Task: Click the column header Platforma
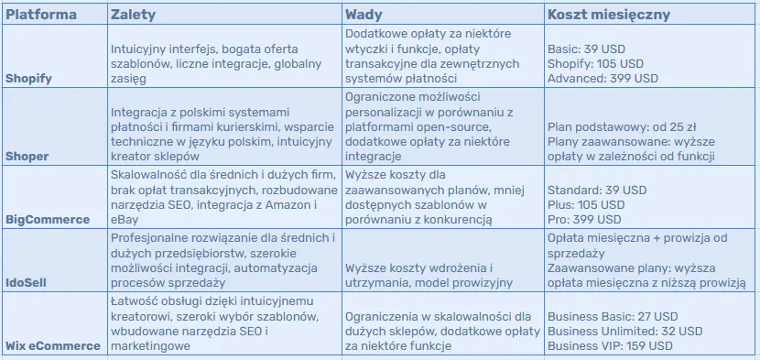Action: [41, 16]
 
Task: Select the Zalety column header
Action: [132, 16]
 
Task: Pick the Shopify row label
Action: [29, 79]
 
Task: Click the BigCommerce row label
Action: [48, 220]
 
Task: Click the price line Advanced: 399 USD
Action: [603, 79]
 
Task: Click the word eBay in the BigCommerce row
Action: [123, 220]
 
